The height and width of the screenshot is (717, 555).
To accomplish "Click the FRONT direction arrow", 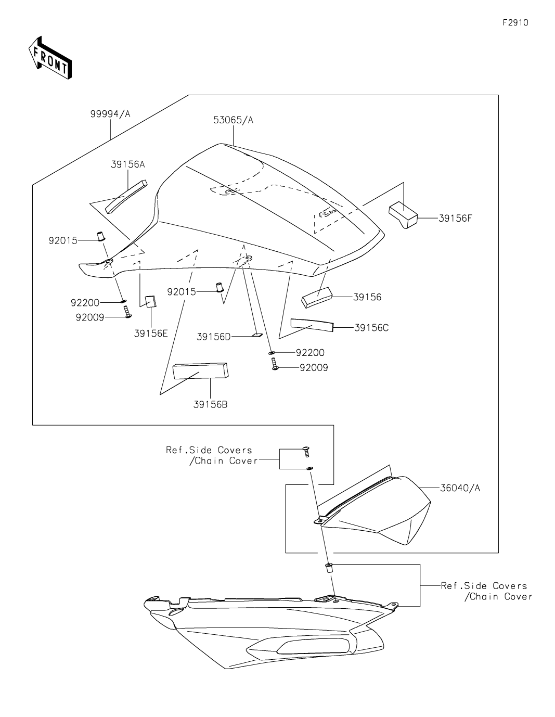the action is (x=50, y=58).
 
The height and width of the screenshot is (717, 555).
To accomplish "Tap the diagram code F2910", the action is (x=515, y=22).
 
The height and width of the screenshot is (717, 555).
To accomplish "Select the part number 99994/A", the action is (x=110, y=114).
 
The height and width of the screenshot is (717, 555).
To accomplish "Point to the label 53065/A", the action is (x=233, y=120).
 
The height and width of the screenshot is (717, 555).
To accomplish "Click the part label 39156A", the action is (x=127, y=164).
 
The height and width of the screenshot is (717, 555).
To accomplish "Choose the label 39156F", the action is (x=455, y=218).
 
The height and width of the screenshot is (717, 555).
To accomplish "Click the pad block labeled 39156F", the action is (x=403, y=215).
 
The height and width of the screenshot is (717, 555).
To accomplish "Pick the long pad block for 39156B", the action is (x=200, y=371).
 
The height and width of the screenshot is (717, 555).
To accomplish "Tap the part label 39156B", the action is (x=210, y=404).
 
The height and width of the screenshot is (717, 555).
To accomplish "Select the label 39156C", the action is (x=371, y=328).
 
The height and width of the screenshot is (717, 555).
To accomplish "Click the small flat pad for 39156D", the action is (x=257, y=335).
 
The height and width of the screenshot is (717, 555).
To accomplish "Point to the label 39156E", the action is (x=151, y=333).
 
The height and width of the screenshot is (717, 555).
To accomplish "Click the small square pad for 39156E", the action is (x=151, y=301).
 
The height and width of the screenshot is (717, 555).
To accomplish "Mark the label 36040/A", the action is (x=460, y=488).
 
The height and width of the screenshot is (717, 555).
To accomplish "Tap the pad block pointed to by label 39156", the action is (x=317, y=297).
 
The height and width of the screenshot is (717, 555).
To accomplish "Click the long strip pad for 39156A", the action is (x=126, y=197).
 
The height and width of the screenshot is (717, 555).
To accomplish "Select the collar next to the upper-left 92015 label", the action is (x=100, y=236).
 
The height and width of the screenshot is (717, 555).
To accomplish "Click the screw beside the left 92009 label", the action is (x=127, y=312).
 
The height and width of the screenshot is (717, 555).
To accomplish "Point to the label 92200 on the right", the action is (x=310, y=353).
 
